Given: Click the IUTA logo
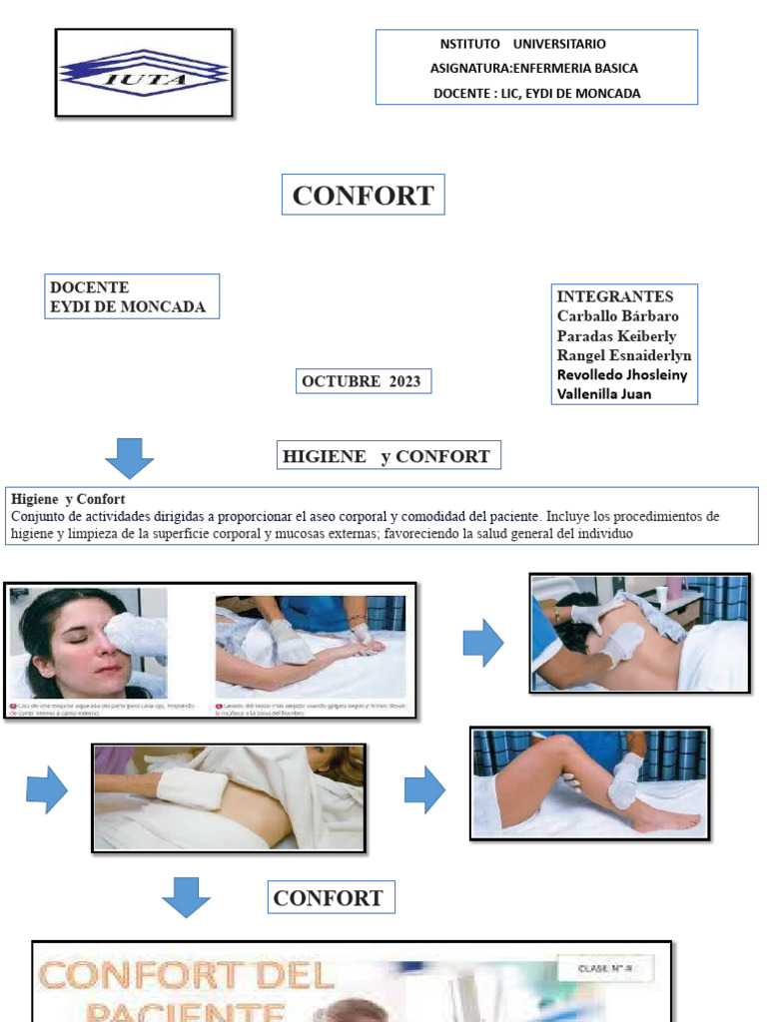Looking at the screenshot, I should click(x=144, y=73).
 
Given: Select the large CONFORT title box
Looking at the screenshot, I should click(x=363, y=196).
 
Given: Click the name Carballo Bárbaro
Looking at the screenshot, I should click(x=617, y=316).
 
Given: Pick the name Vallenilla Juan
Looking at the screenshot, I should click(x=604, y=393).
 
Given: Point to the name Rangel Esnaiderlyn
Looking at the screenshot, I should click(x=624, y=355).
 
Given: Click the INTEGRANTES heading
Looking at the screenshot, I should click(x=615, y=296).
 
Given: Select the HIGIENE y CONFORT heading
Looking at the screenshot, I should click(x=386, y=456).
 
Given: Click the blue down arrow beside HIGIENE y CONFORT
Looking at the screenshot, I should click(x=129, y=457).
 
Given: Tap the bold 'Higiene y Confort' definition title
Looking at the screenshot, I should click(x=68, y=498).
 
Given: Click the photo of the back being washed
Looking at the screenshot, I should click(x=639, y=633).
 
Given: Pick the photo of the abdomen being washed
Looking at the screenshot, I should click(x=229, y=797).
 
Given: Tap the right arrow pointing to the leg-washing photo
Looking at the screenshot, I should click(x=424, y=789).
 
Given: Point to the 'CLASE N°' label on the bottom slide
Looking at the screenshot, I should click(x=603, y=967).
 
